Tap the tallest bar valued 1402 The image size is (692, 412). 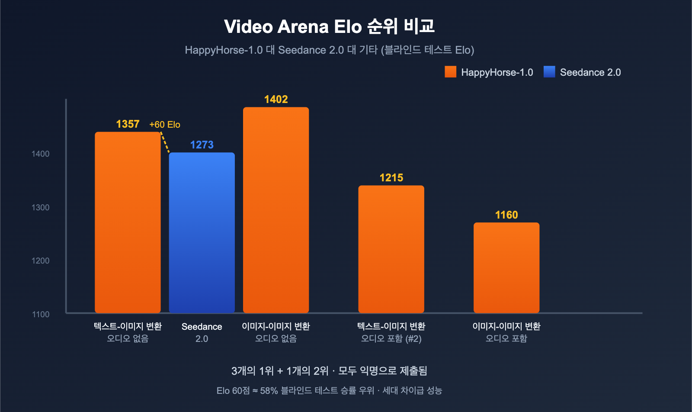click(276, 210)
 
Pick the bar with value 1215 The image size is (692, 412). click(391, 249)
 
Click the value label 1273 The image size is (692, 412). click(202, 145)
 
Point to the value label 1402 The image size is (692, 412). click(276, 100)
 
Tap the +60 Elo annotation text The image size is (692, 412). click(165, 125)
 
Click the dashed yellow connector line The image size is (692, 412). click(165, 142)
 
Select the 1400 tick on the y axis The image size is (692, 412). click(41, 154)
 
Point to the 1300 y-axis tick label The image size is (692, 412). click(41, 208)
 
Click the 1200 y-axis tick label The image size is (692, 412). click(41, 261)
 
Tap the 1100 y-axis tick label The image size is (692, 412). click(41, 315)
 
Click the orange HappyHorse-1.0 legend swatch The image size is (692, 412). click(450, 72)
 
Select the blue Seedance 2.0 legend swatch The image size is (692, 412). click(549, 72)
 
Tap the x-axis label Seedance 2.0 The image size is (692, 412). click(202, 332)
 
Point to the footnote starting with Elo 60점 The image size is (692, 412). click(329, 391)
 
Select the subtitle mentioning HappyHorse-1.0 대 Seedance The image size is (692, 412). click(329, 50)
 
